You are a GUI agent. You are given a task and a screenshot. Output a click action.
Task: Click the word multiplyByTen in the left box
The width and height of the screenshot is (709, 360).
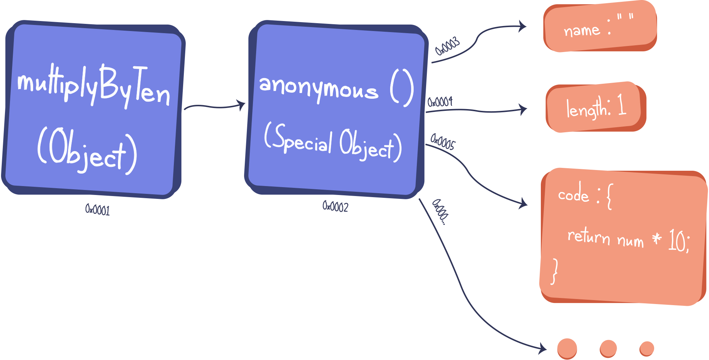pyautogui.click(x=94, y=86)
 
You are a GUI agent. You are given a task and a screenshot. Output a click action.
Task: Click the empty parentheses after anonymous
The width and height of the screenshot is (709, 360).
pyautogui.click(x=402, y=88)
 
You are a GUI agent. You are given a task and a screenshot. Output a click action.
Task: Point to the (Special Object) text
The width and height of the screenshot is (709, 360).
pyautogui.click(x=333, y=142)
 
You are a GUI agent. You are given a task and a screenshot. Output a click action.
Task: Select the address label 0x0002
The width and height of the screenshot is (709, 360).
pyautogui.click(x=335, y=206)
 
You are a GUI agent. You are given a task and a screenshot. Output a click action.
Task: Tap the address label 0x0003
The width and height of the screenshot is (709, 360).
pyautogui.click(x=447, y=46)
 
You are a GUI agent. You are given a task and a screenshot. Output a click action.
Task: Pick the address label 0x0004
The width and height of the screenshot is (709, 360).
pyautogui.click(x=440, y=102)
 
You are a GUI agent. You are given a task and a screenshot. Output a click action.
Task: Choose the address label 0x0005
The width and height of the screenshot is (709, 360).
pyautogui.click(x=443, y=142)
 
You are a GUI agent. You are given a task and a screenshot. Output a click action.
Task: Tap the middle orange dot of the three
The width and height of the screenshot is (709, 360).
pyautogui.click(x=608, y=348)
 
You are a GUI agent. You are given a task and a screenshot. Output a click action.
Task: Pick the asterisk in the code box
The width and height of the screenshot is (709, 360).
pyautogui.click(x=657, y=238)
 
